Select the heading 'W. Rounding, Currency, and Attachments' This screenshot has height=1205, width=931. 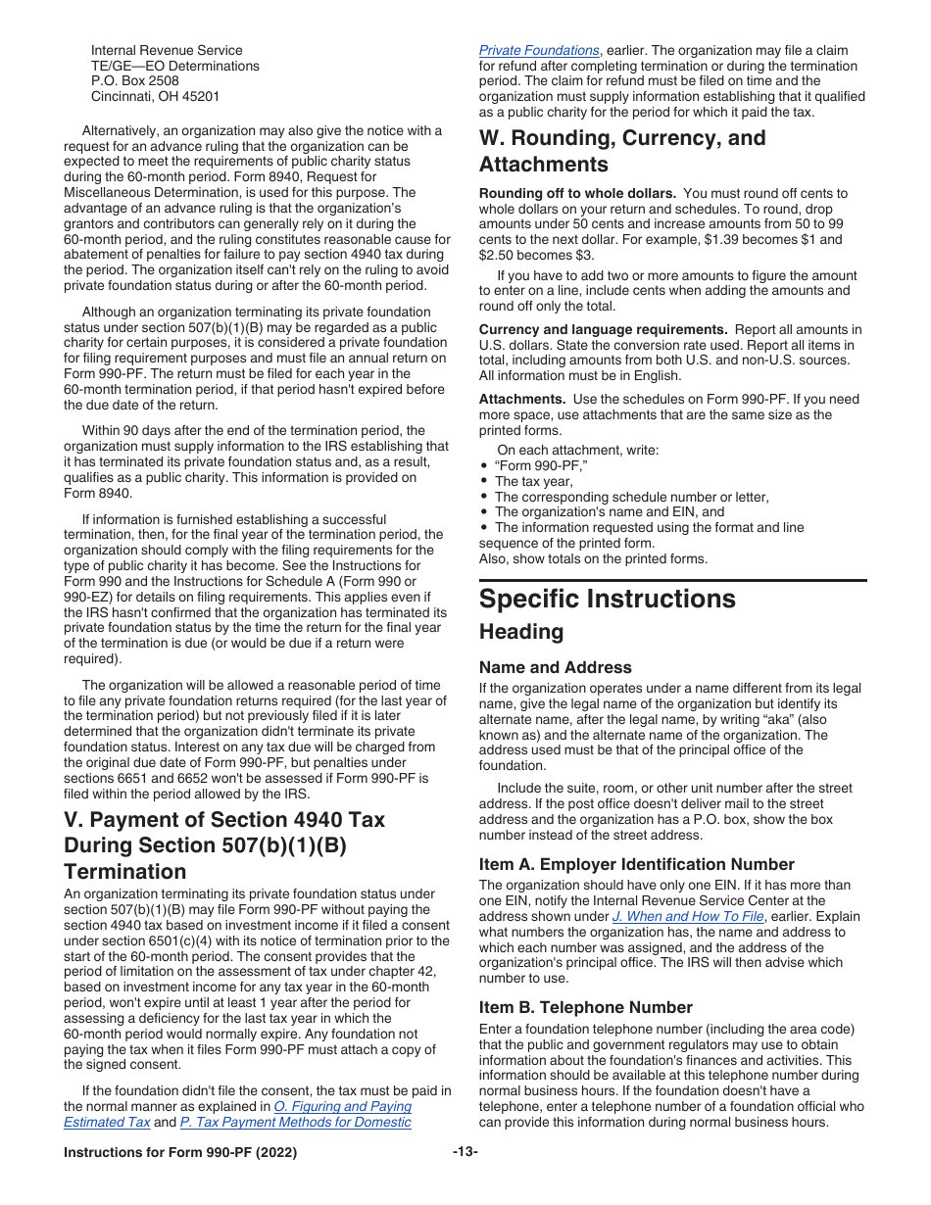(x=621, y=151)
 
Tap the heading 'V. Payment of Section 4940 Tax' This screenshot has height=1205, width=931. (x=224, y=819)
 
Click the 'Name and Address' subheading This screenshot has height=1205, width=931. (x=555, y=667)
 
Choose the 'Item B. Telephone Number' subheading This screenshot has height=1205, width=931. (x=585, y=1007)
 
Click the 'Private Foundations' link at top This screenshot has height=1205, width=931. (x=538, y=50)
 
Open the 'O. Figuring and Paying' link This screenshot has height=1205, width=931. (x=342, y=1107)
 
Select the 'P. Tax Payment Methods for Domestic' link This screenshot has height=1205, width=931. (x=295, y=1123)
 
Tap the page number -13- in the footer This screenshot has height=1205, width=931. (x=465, y=1152)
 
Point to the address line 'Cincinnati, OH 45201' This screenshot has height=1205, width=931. (x=155, y=97)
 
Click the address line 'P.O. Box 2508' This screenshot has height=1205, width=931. (x=134, y=81)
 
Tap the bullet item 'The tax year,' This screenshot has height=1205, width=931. (x=533, y=481)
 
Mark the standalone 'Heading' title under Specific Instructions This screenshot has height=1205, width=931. (x=520, y=632)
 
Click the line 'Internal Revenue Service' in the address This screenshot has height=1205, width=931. (x=166, y=50)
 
